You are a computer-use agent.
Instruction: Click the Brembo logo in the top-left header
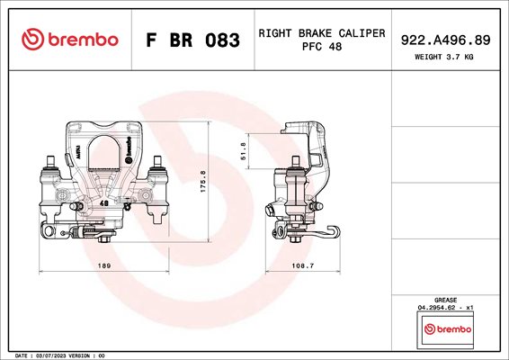point(70,40)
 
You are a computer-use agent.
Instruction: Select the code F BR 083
point(192,40)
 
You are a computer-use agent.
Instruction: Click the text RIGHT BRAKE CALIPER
point(322,33)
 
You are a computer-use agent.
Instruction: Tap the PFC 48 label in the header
point(322,47)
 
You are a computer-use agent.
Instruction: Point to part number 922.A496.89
point(445,40)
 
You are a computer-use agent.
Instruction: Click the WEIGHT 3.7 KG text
point(443,57)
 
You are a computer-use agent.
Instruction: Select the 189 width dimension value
point(104,265)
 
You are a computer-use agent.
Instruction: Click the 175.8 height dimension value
point(203,181)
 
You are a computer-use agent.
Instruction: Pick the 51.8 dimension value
point(244,151)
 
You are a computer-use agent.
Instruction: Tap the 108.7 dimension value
point(303,265)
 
